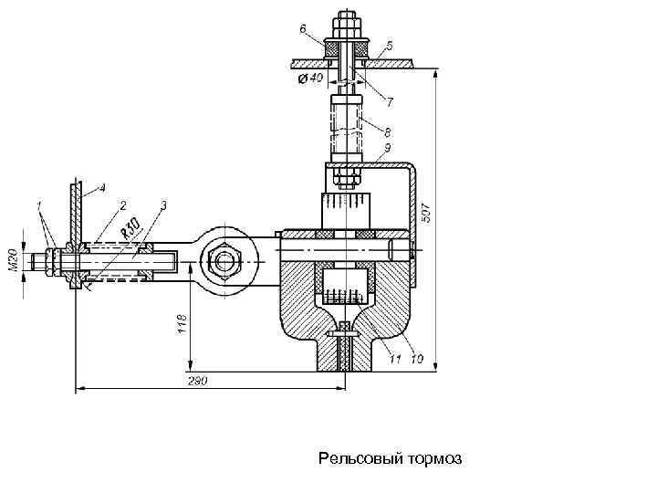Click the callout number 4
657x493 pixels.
pyautogui.click(x=101, y=188)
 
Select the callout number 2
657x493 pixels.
pyautogui.click(x=123, y=205)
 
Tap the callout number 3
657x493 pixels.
pyautogui.click(x=163, y=205)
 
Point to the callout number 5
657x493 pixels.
pyautogui.click(x=390, y=46)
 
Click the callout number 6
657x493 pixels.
pyautogui.click(x=304, y=28)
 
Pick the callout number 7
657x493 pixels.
pyautogui.click(x=390, y=102)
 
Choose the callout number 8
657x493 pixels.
pyautogui.click(x=387, y=132)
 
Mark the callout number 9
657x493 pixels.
pyautogui.click(x=387, y=148)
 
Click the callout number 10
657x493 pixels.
pyautogui.click(x=417, y=359)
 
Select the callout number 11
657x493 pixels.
pyautogui.click(x=395, y=359)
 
